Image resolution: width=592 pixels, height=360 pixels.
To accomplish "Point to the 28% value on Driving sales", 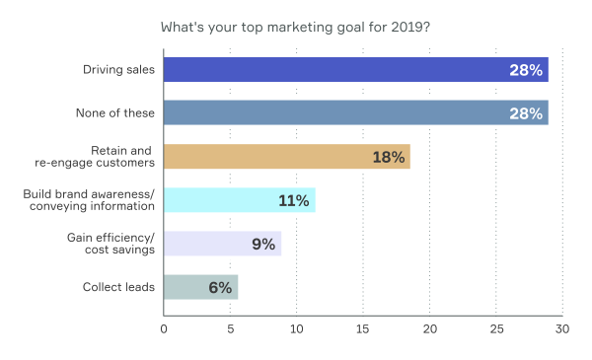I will click(x=526, y=70).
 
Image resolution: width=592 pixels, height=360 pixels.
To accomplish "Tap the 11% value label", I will click(x=294, y=200).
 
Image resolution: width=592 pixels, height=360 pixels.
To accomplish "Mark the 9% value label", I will click(x=262, y=244).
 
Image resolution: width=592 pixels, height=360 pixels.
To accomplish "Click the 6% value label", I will click(x=220, y=287).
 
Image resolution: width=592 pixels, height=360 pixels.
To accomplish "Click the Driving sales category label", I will click(x=117, y=70).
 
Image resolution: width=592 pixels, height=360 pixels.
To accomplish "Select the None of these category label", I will click(x=115, y=113).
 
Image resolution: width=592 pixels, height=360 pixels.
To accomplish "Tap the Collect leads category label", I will click(x=118, y=287).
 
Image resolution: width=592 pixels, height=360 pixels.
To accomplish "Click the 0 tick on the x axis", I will click(x=164, y=329).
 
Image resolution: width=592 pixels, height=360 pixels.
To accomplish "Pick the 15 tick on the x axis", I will click(x=363, y=329).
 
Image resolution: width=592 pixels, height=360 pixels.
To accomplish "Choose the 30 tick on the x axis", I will click(x=561, y=329).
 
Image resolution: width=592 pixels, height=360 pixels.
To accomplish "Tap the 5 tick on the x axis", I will click(x=230, y=329).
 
